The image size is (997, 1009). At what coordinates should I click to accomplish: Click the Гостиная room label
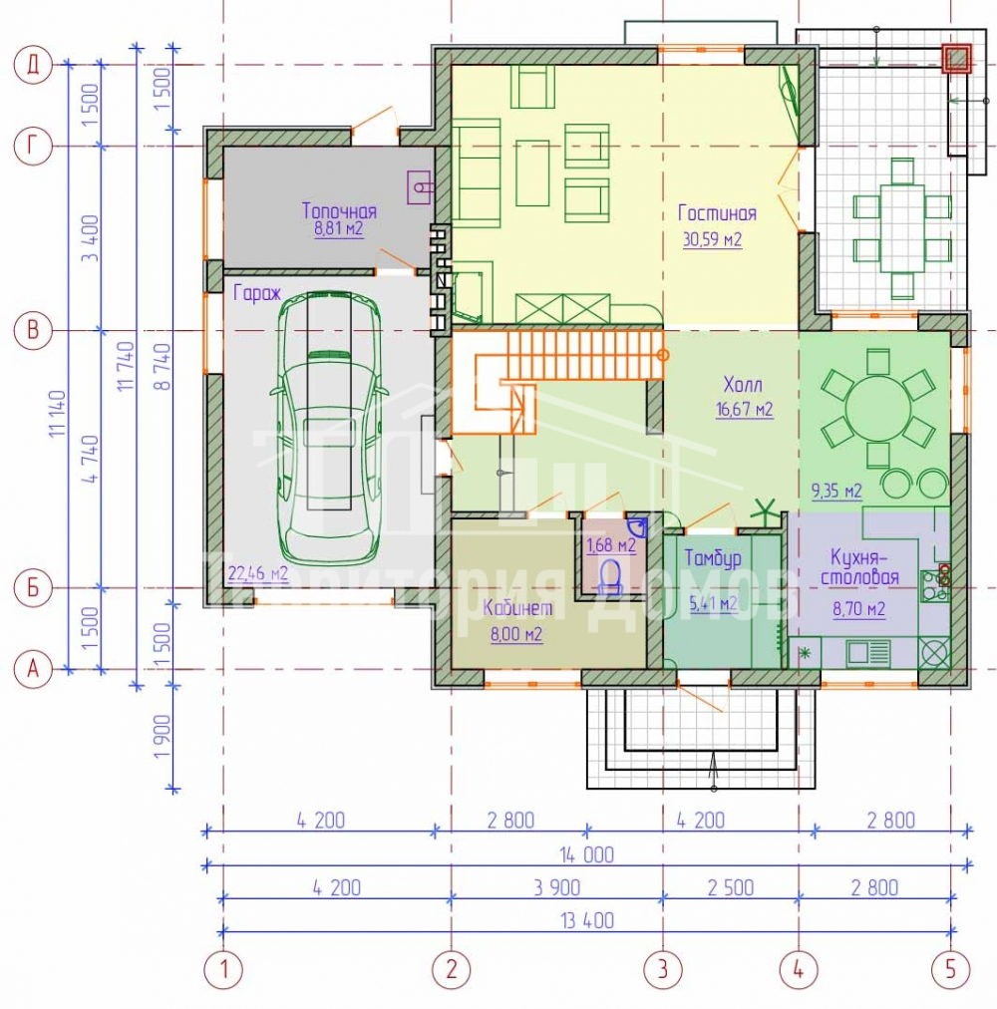click(x=717, y=213)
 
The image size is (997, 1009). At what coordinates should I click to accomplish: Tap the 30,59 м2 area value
click(x=712, y=240)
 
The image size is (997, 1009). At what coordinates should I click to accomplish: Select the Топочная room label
click(x=339, y=210)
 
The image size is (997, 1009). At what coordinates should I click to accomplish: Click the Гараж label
click(x=257, y=293)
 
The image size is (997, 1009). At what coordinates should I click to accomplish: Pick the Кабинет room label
click(x=517, y=607)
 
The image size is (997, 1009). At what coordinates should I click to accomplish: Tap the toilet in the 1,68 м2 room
click(x=610, y=575)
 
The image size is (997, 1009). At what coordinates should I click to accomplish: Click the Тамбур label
click(x=713, y=558)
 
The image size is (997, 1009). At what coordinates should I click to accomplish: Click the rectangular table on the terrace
click(x=902, y=229)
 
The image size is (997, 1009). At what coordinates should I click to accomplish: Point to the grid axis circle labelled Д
click(x=32, y=65)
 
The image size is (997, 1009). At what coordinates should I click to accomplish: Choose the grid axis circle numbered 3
click(x=663, y=969)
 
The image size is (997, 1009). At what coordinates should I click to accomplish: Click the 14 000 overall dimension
click(x=587, y=855)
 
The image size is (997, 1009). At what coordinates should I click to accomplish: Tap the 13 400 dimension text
click(x=587, y=921)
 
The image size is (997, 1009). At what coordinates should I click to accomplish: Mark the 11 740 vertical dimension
click(x=127, y=366)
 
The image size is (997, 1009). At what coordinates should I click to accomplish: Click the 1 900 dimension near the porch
click(x=163, y=736)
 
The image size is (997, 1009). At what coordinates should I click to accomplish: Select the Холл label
click(x=743, y=385)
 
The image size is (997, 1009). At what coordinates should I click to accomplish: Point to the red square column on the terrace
click(x=957, y=59)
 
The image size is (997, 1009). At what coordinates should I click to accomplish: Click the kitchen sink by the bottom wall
click(x=867, y=654)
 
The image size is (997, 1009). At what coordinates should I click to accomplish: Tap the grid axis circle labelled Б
click(x=32, y=587)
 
